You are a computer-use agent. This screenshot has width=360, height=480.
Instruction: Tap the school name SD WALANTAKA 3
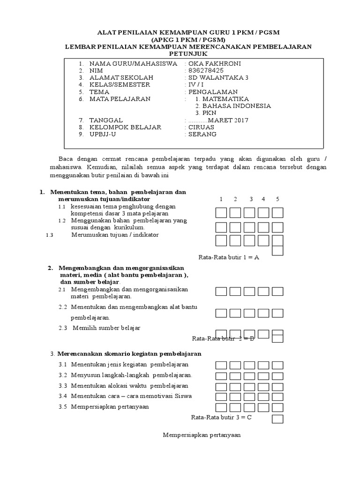[211, 77]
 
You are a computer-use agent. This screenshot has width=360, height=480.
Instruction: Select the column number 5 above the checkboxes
[277, 199]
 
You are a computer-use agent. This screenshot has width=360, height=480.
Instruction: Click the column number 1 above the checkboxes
[221, 199]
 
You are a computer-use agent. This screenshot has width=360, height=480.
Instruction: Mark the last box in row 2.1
[277, 292]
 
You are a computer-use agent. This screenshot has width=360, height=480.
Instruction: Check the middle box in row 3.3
[249, 386]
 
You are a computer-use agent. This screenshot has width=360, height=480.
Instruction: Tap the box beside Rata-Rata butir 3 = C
[277, 419]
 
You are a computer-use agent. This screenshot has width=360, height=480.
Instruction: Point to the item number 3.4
[63, 396]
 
